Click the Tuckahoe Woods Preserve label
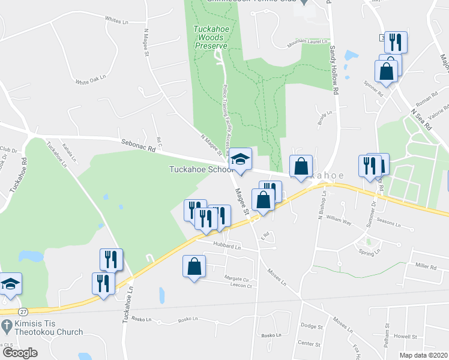209,37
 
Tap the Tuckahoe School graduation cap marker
241,160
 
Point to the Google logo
20,353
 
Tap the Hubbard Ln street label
226,247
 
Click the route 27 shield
22,312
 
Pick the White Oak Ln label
90,79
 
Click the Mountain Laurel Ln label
309,44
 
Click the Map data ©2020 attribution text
424,355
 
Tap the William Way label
338,221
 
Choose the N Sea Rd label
420,121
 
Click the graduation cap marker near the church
10,283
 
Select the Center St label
310,344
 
